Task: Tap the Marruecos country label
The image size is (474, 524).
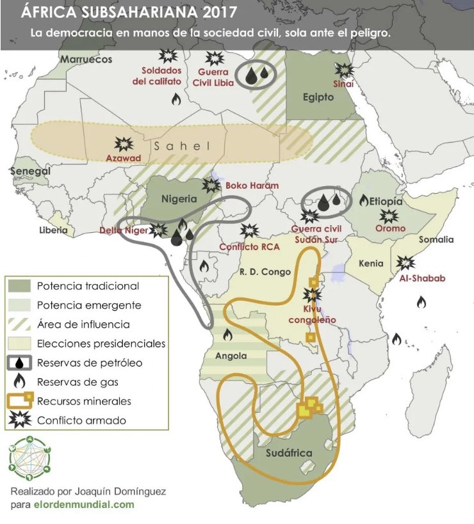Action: (x=86, y=60)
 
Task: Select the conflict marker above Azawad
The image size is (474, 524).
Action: (x=120, y=144)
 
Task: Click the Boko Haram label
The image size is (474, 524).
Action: (x=252, y=186)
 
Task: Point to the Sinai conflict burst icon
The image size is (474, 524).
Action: (x=344, y=70)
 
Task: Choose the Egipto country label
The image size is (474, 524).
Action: (x=318, y=97)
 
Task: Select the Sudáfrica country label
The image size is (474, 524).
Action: (x=288, y=453)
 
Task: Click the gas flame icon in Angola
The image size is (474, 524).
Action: (x=227, y=333)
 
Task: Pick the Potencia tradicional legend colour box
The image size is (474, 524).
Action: (x=21, y=286)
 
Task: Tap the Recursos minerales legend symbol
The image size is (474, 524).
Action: (x=21, y=401)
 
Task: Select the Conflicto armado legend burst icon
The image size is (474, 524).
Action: (x=21, y=420)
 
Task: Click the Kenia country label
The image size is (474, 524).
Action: (x=371, y=263)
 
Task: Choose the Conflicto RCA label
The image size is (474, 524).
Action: (x=248, y=246)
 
